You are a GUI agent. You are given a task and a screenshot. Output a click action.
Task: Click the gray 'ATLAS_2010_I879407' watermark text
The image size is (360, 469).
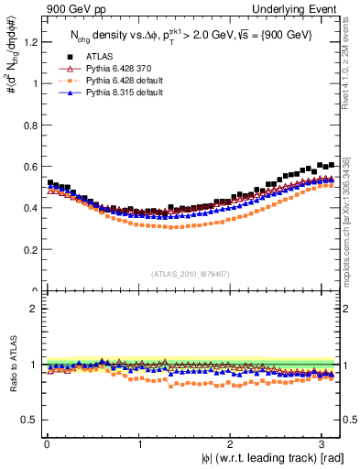191,273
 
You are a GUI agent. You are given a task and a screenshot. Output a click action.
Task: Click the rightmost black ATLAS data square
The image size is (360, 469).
332,164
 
